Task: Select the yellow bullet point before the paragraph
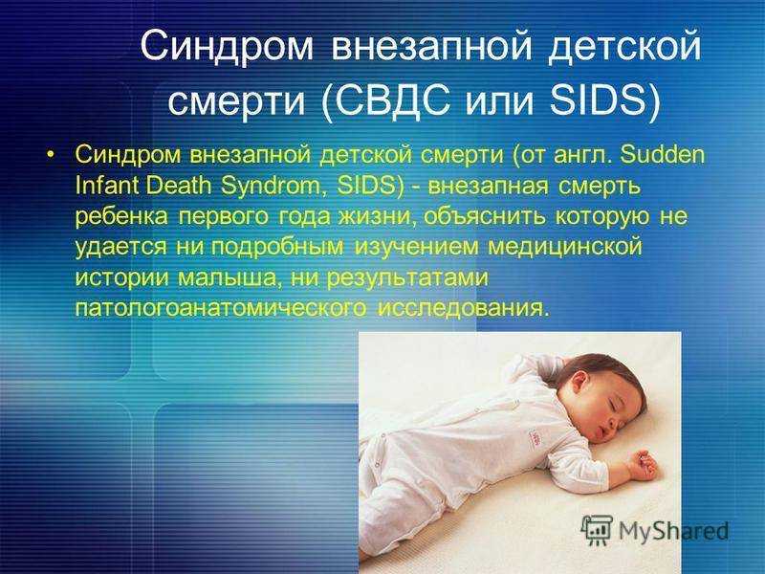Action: pyautogui.click(x=50, y=155)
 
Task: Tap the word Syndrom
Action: pyautogui.click(x=274, y=186)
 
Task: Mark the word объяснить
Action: pyautogui.click(x=485, y=216)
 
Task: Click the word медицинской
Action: pyautogui.click(x=565, y=247)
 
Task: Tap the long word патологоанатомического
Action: pyautogui.click(x=221, y=308)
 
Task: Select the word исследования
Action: pyautogui.click(x=461, y=308)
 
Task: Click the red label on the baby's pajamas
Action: pyautogui.click(x=535, y=436)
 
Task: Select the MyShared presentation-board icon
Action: pyautogui.click(x=597, y=530)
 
